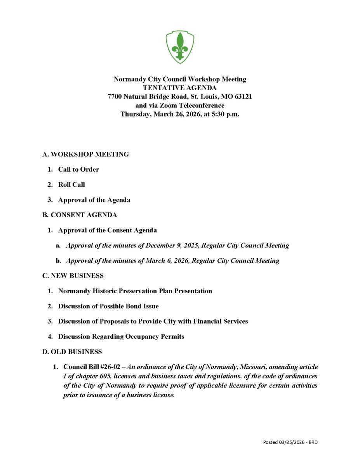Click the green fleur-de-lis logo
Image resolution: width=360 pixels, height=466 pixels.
point(180,47)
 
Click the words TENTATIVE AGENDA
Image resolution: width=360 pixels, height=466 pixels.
point(180,88)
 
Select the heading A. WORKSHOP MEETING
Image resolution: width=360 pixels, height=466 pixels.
point(85,154)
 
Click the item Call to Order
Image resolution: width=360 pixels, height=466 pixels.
point(78,169)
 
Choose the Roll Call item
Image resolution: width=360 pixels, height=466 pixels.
point(71,185)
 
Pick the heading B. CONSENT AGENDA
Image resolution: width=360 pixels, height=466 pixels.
point(79,215)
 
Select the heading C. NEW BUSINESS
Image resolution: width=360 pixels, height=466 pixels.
point(73,276)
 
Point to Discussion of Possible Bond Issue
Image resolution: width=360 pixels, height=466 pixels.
point(108,306)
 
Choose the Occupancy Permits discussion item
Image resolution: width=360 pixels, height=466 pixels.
point(121,337)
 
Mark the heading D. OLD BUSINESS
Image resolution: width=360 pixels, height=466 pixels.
point(72,352)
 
